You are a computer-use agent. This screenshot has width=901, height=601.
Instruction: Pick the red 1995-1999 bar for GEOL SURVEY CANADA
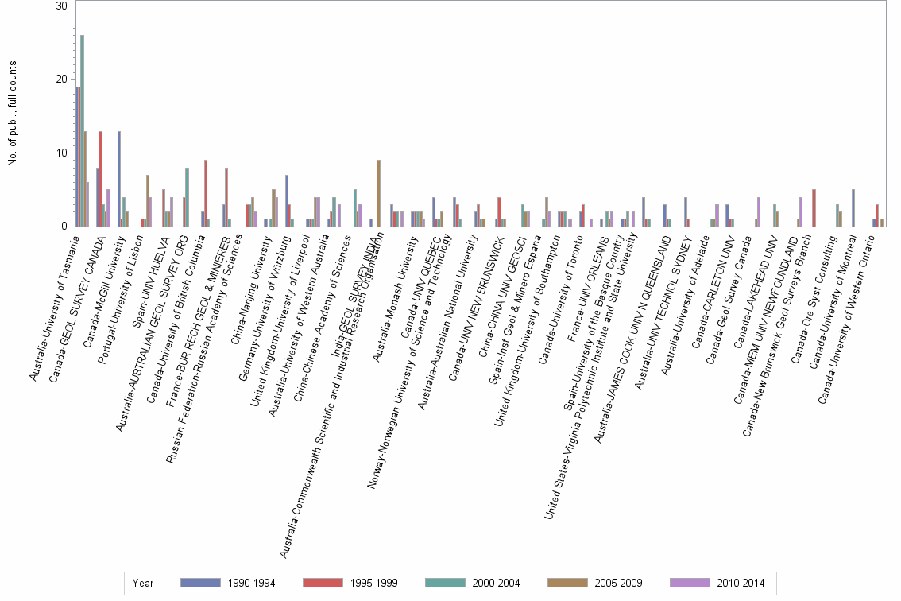click(x=100, y=179)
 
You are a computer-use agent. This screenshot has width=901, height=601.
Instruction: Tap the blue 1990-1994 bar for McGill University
click(x=119, y=179)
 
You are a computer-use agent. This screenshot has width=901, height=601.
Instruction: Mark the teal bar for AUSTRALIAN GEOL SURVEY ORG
click(x=187, y=197)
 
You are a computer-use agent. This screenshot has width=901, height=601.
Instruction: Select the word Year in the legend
click(x=144, y=584)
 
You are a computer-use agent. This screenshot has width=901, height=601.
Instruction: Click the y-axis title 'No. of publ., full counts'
click(x=13, y=116)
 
